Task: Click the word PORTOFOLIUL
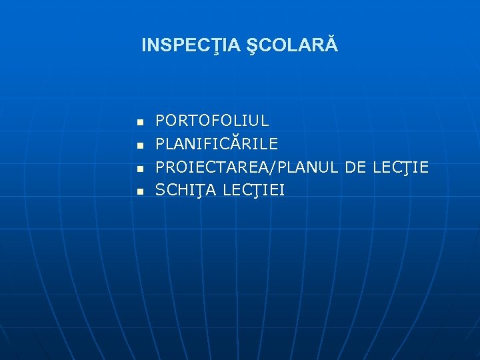[x=212, y=121]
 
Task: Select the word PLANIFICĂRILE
[x=217, y=144]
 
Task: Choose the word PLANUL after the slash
[x=300, y=167]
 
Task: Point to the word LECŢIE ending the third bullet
[x=401, y=167]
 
